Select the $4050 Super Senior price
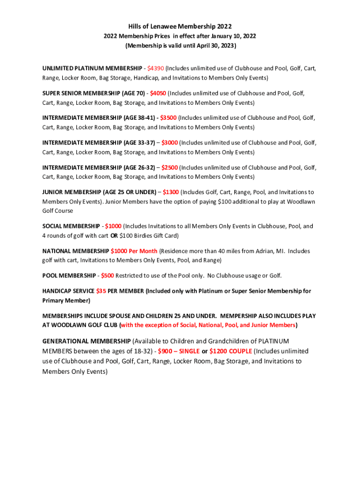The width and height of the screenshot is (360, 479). pos(158,93)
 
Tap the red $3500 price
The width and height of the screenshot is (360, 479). pos(168,118)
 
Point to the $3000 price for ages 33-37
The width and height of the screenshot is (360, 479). pos(169,143)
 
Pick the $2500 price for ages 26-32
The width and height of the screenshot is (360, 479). pos(169,167)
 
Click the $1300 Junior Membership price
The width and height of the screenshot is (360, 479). pos(171,192)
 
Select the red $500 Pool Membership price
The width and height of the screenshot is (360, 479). pos(108,276)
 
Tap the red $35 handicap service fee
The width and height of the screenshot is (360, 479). pos(101,291)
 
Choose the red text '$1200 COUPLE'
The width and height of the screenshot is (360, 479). pos(230,351)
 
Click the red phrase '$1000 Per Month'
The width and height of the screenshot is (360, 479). pos(134,251)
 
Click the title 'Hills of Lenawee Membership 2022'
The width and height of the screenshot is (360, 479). pos(180,27)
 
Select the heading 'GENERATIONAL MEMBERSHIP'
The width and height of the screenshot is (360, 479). pos(86,341)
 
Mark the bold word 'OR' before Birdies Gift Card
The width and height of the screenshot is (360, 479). pos(114,236)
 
